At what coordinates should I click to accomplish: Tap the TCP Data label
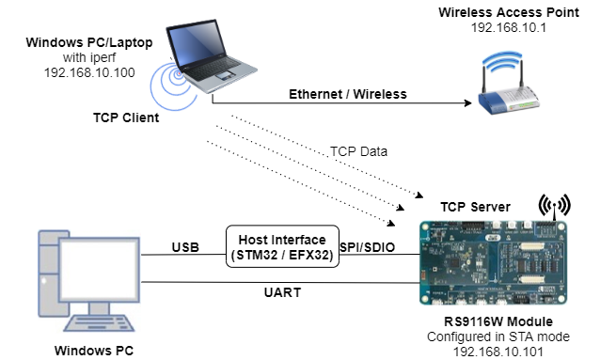pyautogui.click(x=360, y=151)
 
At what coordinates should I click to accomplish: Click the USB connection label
pyautogui.click(x=184, y=247)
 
